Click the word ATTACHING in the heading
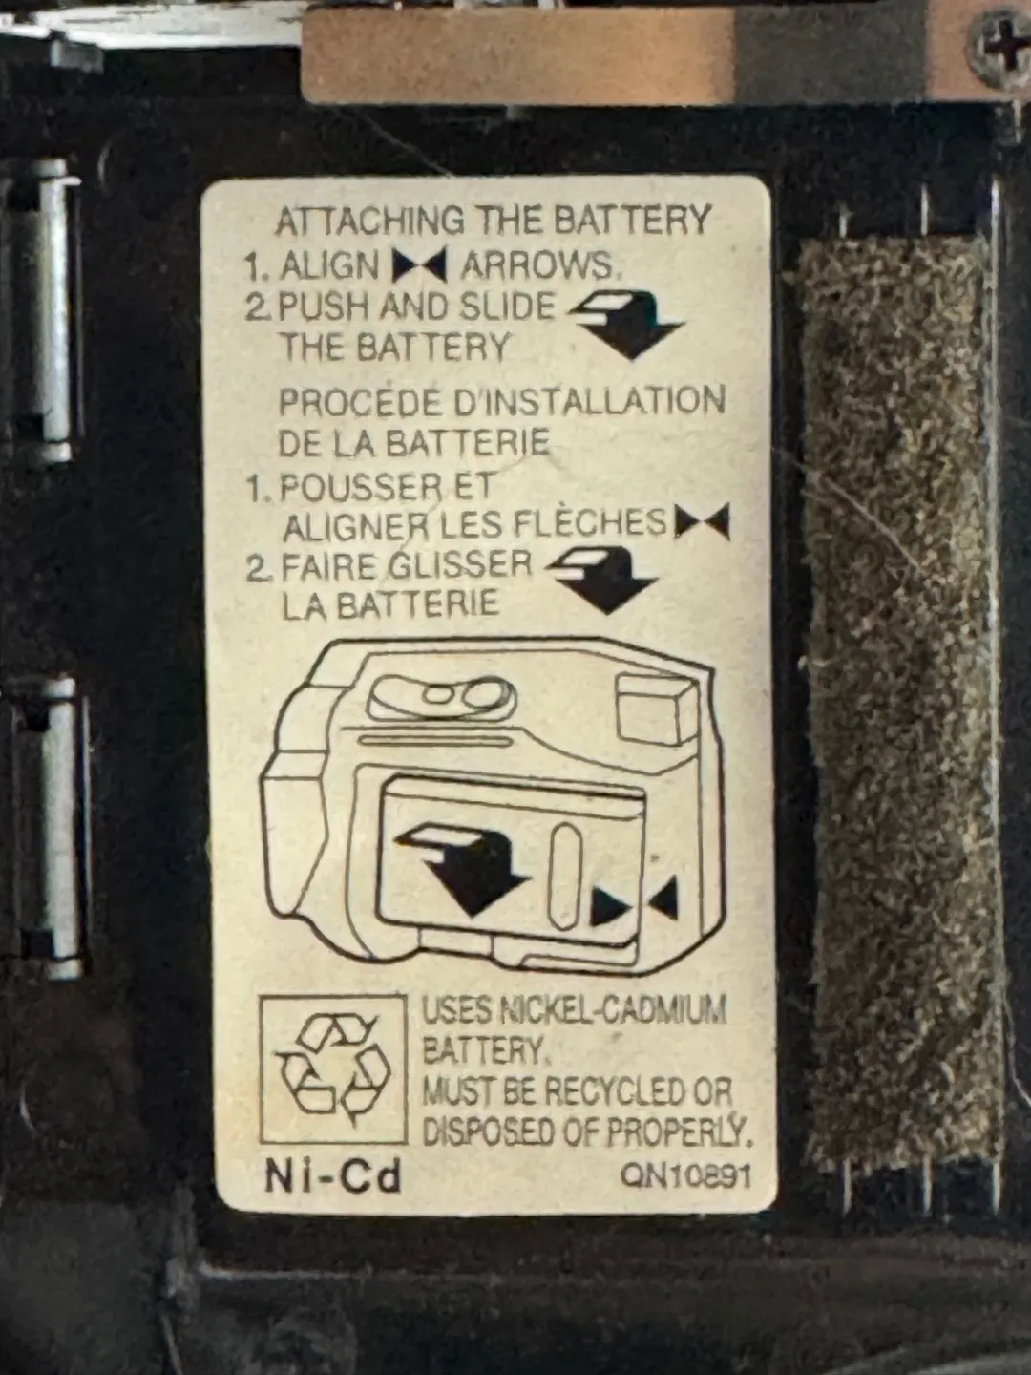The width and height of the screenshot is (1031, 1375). (369, 220)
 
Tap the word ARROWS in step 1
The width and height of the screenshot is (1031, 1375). (537, 265)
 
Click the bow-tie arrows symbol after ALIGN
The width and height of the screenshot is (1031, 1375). (419, 265)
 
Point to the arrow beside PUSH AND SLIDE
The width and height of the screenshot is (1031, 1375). (627, 324)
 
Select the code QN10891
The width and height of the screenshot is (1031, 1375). (684, 1175)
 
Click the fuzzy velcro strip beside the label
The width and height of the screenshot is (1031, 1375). (899, 698)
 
